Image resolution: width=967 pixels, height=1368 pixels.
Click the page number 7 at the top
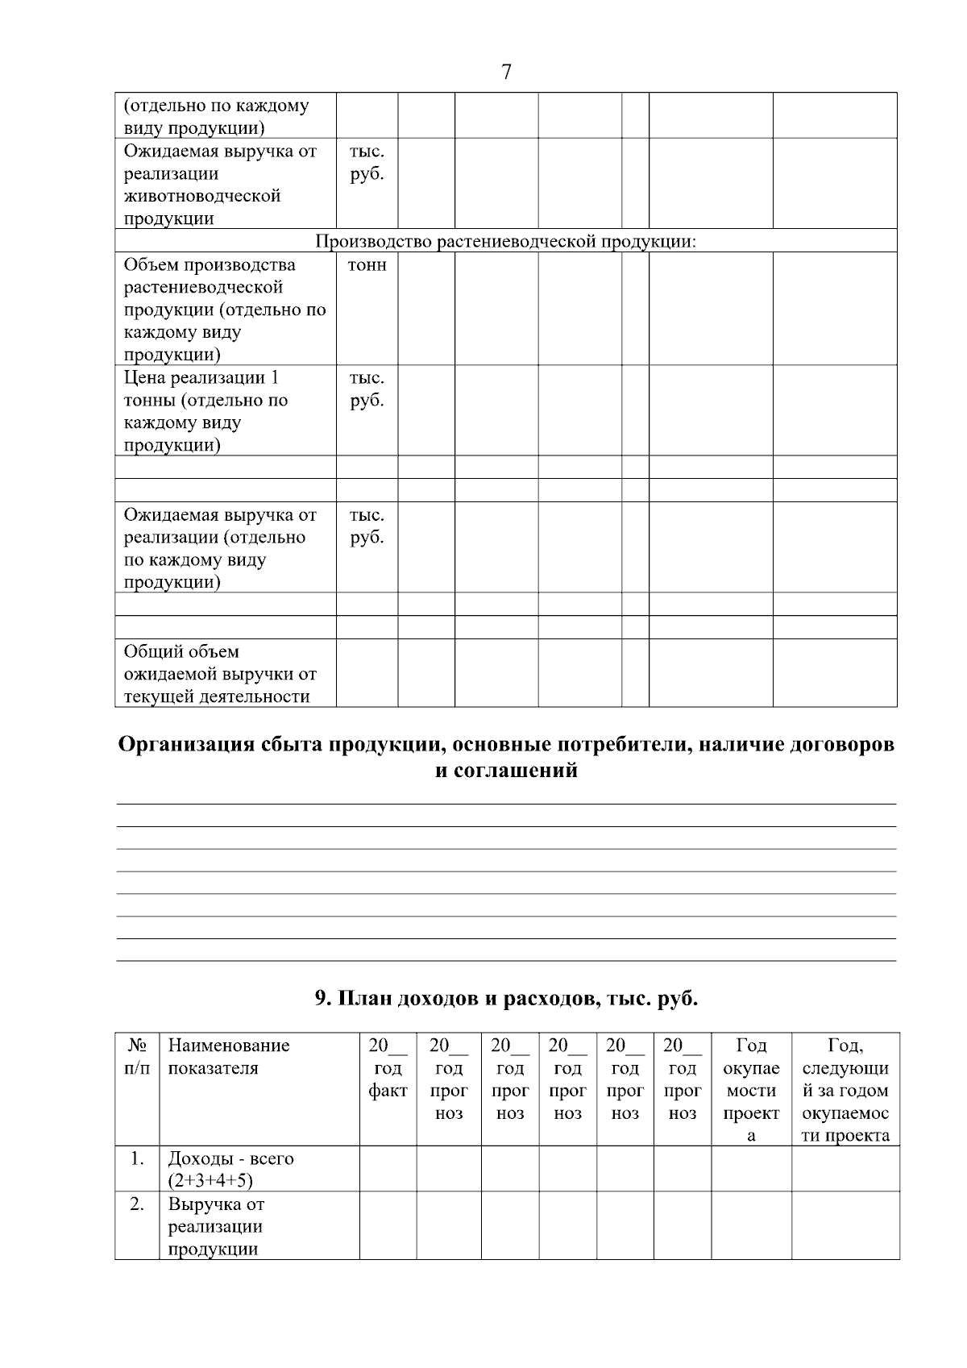pos(506,73)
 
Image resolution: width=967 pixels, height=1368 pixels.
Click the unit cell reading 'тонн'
pos(367,265)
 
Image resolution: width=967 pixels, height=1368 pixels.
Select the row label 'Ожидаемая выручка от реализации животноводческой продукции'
pos(220,185)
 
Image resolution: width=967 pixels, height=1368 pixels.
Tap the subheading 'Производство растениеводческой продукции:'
pos(505,242)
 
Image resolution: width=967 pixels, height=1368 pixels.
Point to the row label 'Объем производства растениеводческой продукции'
pos(224,310)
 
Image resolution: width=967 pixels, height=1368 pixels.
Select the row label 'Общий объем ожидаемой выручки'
pos(219,674)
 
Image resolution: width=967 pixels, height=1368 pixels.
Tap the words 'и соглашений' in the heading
pos(506,771)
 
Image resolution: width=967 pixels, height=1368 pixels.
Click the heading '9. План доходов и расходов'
pos(506,999)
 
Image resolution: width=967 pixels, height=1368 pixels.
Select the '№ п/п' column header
pos(137,1057)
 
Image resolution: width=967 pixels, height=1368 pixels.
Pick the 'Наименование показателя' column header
pos(228,1057)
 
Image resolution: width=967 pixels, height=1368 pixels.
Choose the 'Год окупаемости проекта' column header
pos(751,1090)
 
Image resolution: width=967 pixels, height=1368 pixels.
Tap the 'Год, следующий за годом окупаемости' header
pos(845,1090)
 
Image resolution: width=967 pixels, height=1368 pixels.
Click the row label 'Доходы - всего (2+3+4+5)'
pos(230,1169)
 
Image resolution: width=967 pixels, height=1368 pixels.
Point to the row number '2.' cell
pos(137,1204)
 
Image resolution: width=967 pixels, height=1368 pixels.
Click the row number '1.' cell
pos(137,1158)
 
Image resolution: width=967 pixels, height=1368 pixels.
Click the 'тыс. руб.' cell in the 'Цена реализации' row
pos(367,389)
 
